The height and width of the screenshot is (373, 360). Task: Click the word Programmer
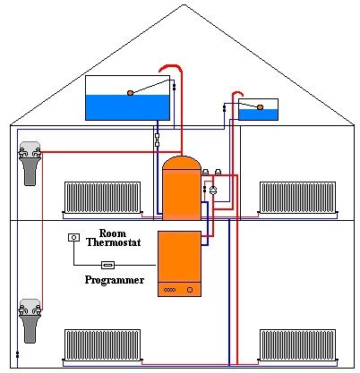click(x=115, y=280)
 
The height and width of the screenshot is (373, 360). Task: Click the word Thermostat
click(x=114, y=242)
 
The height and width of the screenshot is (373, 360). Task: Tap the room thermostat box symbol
click(x=74, y=238)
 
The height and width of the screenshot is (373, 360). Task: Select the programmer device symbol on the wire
click(x=107, y=265)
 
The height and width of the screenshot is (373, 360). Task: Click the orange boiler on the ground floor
click(x=179, y=264)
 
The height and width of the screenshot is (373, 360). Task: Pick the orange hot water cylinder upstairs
click(x=182, y=188)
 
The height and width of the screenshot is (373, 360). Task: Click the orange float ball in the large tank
click(x=130, y=93)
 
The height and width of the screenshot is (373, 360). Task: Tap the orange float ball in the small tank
click(x=260, y=107)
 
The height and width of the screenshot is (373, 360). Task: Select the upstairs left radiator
click(x=102, y=198)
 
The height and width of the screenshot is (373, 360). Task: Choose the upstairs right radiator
click(x=297, y=198)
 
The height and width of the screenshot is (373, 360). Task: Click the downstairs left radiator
click(x=102, y=345)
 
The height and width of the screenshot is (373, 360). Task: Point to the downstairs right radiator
click(x=297, y=345)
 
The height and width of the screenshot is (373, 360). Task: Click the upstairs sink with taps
click(x=30, y=164)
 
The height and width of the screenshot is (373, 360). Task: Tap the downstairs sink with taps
click(x=30, y=321)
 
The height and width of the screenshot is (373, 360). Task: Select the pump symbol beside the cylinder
click(x=213, y=191)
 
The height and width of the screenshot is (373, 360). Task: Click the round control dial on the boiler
click(x=190, y=290)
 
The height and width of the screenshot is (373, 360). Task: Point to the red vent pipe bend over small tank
click(x=237, y=94)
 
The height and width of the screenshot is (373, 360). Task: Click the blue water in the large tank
click(x=127, y=107)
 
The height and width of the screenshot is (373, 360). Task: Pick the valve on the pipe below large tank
click(x=158, y=140)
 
